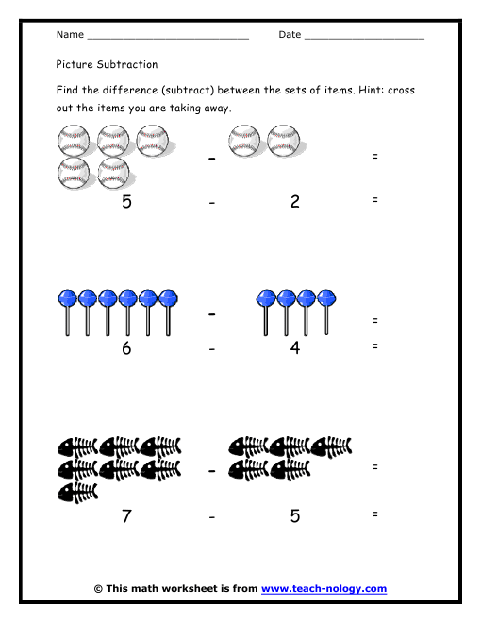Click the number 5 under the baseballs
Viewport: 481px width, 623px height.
click(126, 201)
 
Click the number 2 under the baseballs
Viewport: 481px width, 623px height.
click(295, 201)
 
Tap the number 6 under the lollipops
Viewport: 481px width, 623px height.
click(126, 348)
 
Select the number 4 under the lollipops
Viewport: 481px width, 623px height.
click(295, 348)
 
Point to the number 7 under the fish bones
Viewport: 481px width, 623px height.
click(126, 516)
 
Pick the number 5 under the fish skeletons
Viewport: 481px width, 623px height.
click(295, 516)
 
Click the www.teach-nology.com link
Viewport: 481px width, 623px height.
click(323, 588)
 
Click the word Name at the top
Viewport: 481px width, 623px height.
click(70, 35)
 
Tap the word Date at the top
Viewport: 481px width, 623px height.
click(290, 35)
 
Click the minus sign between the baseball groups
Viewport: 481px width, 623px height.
click(212, 158)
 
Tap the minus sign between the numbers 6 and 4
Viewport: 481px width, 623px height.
click(213, 349)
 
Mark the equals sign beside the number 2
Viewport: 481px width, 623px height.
click(375, 199)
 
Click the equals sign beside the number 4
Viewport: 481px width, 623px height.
click(375, 346)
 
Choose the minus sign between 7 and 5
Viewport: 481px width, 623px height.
click(213, 517)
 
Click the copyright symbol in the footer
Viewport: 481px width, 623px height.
click(98, 588)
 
